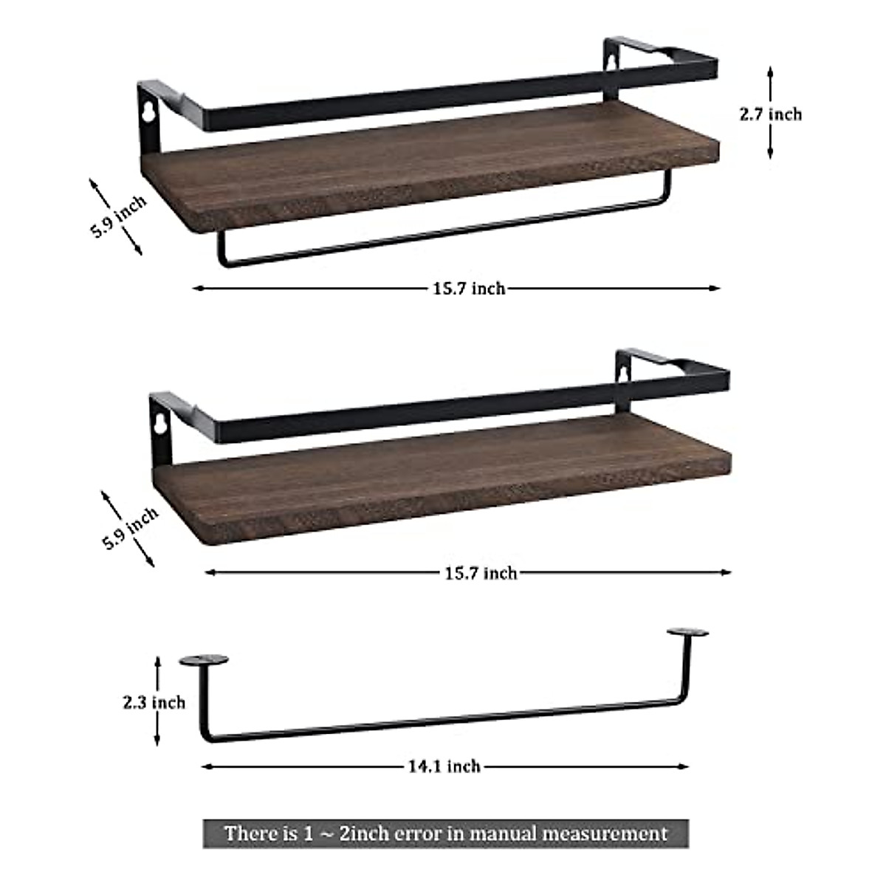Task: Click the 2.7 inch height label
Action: coord(770,114)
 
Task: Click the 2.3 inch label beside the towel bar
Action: coord(154,702)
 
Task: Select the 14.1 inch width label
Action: coord(444,766)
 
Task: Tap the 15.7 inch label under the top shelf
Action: coord(469,288)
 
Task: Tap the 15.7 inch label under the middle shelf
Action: coord(481,572)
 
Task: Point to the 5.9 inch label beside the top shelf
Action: coord(118,215)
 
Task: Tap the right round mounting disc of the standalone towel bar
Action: coord(687,633)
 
